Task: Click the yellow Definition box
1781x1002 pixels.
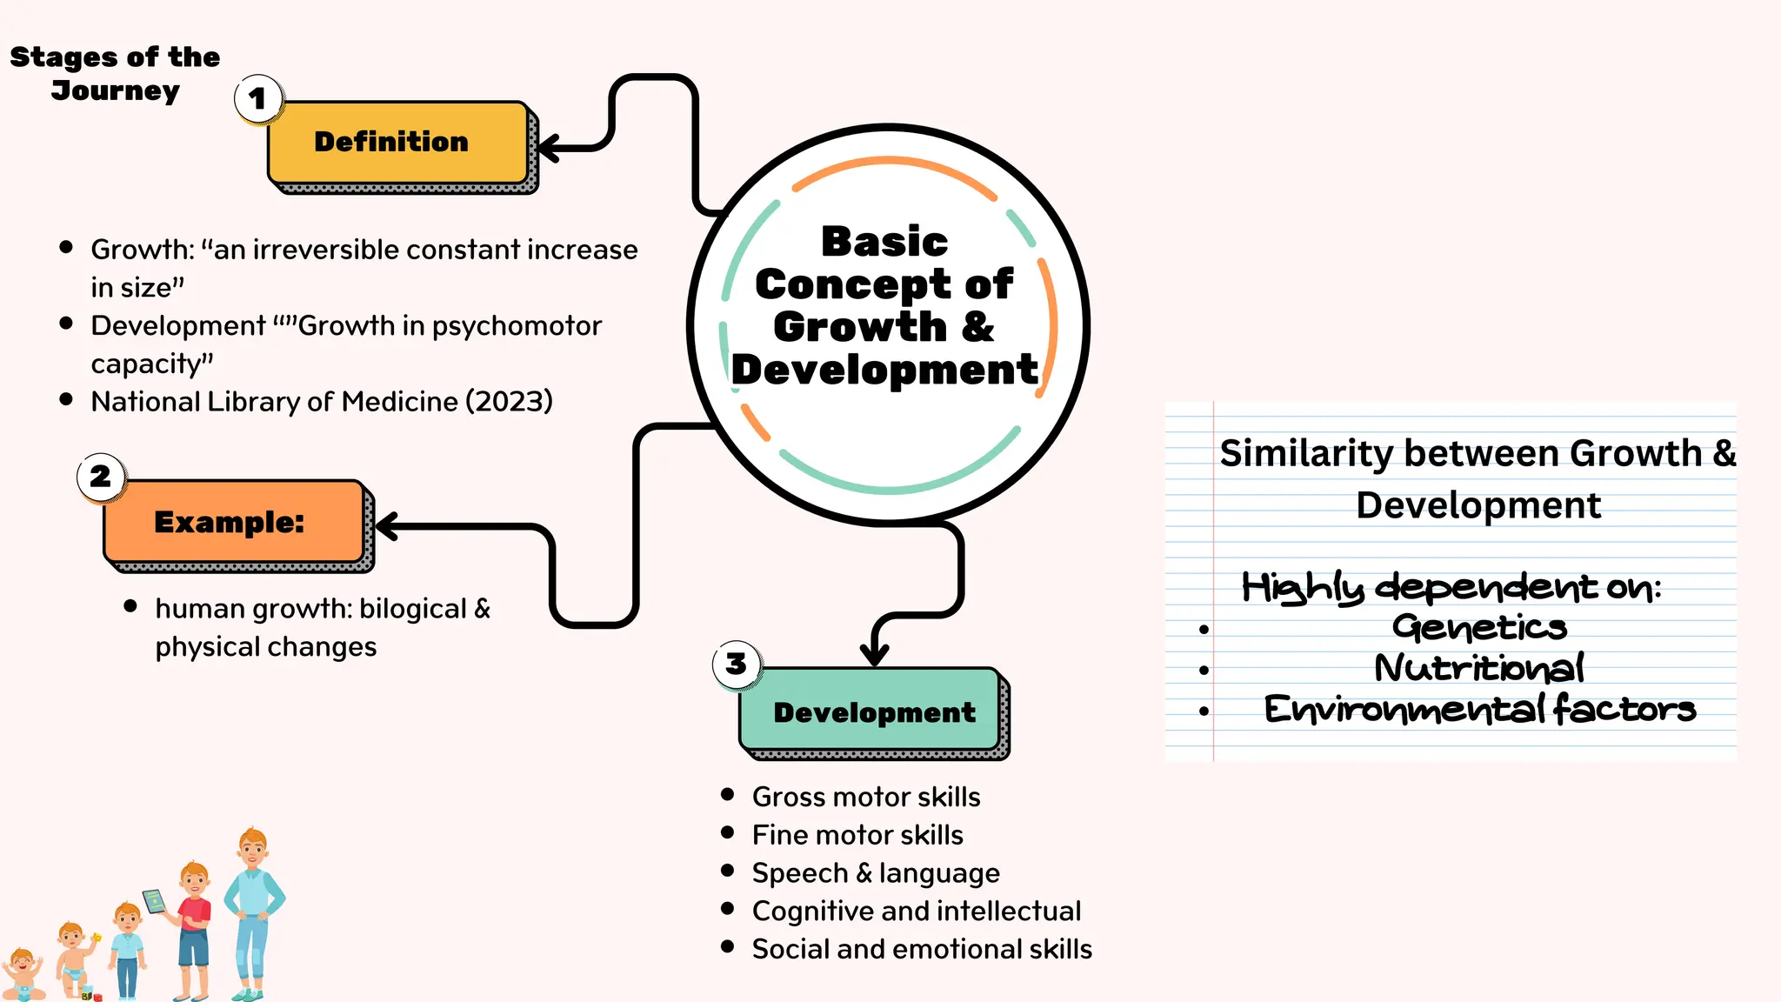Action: tap(398, 143)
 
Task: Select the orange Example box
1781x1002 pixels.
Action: tap(233, 522)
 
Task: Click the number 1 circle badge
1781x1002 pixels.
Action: tap(258, 98)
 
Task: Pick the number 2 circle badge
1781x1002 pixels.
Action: tap(101, 477)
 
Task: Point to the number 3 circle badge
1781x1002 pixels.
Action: tap(737, 664)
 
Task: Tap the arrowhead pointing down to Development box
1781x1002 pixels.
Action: tap(874, 653)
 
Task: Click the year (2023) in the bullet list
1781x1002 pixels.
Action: tap(509, 402)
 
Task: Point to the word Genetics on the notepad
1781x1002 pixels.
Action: tap(1478, 627)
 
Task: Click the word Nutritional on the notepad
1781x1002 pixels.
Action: tap(1478, 668)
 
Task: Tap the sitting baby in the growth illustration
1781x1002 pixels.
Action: tap(23, 974)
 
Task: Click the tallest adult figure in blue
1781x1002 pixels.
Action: tap(252, 913)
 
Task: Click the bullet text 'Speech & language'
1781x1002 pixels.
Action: tap(875, 872)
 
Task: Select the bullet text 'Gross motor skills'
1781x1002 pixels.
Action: tap(865, 797)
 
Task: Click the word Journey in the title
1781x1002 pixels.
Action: tap(115, 90)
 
